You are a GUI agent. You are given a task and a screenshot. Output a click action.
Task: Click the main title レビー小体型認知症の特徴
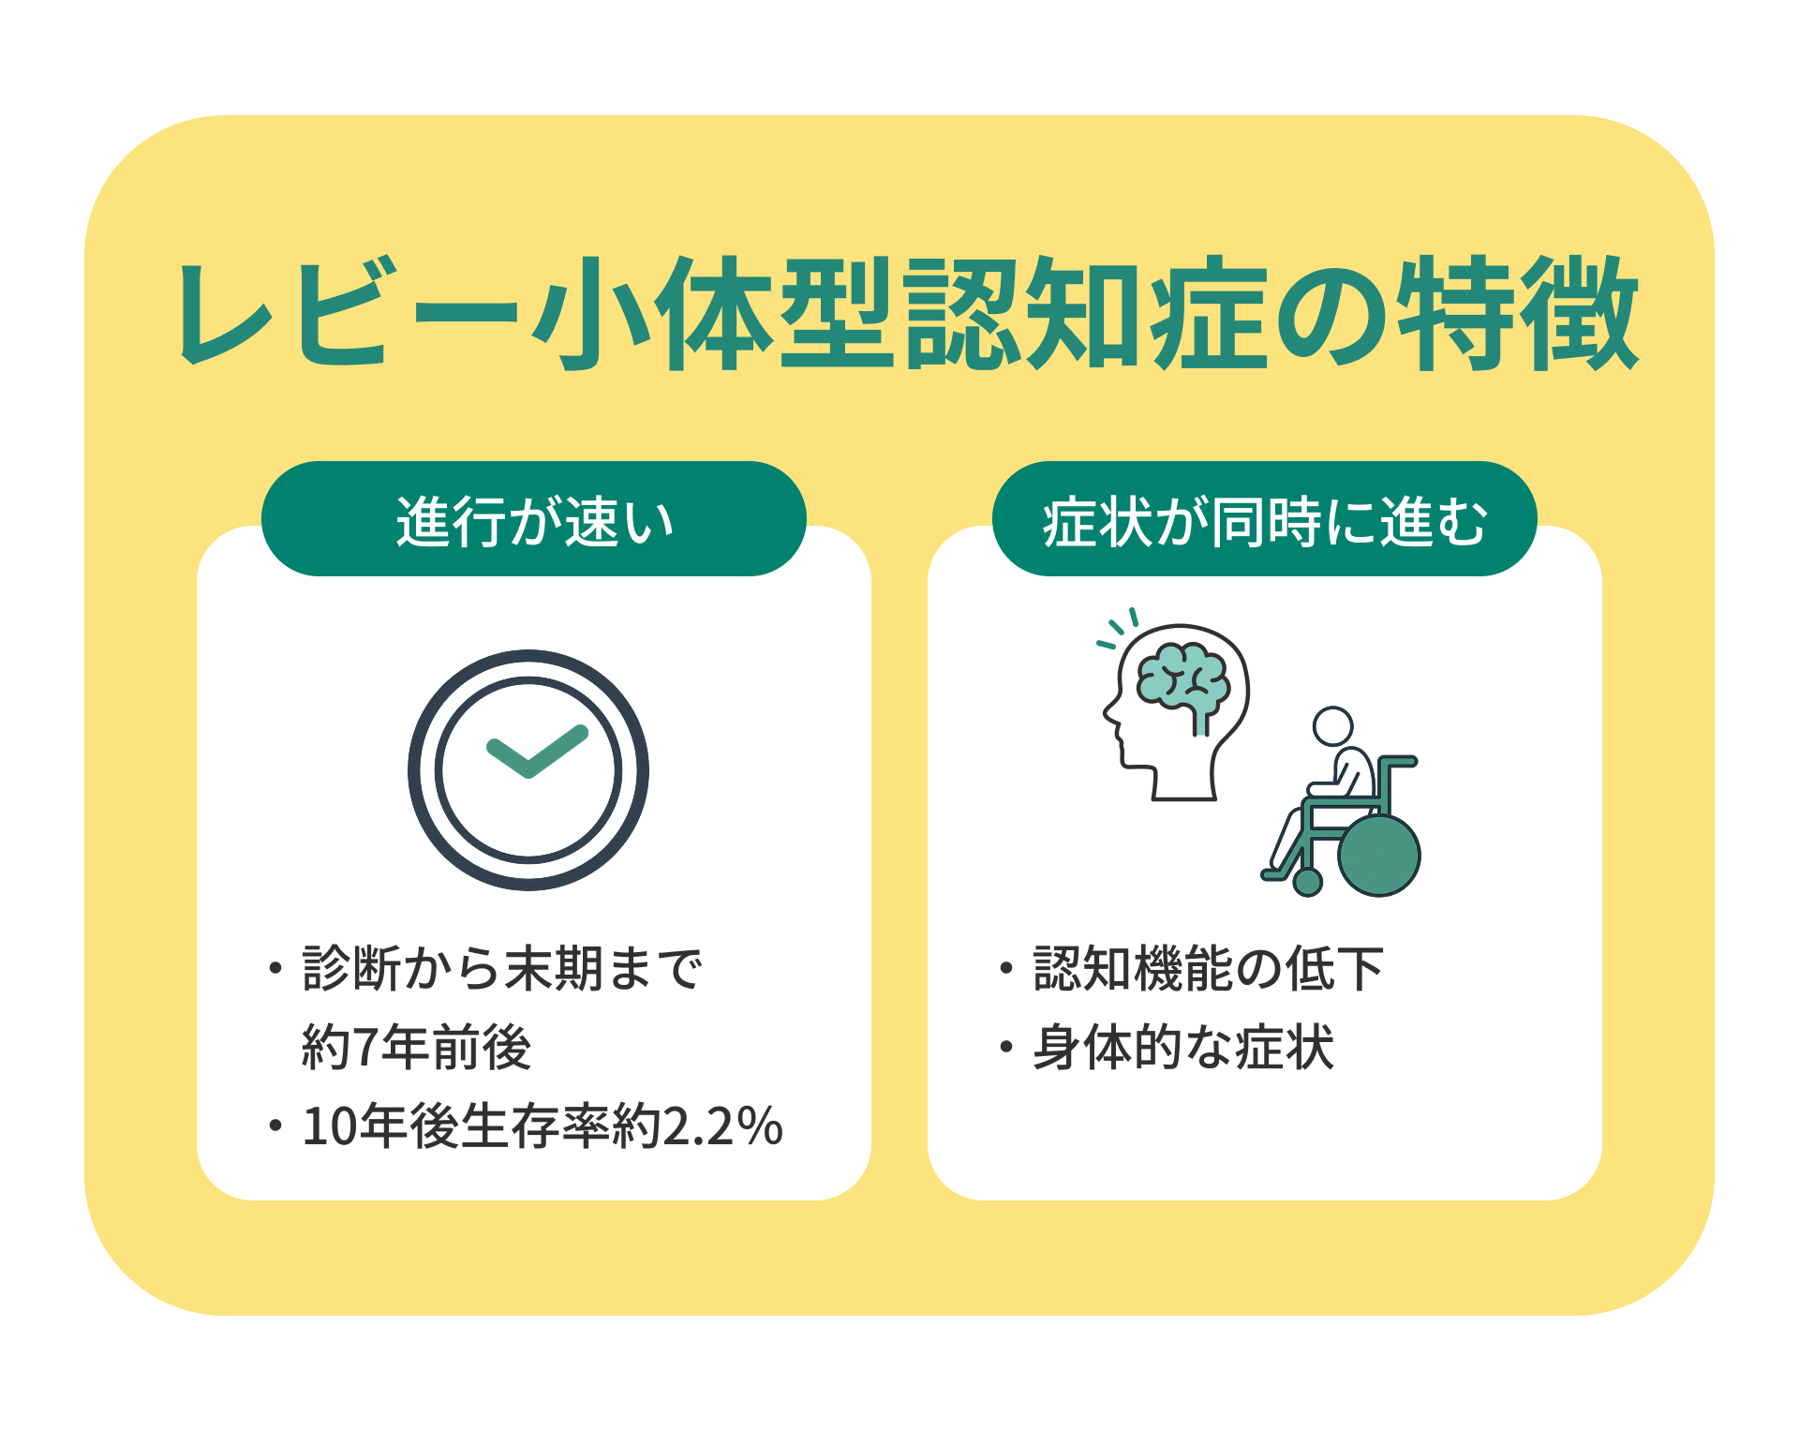tap(907, 313)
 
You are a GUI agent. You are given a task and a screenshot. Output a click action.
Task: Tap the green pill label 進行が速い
tap(534, 518)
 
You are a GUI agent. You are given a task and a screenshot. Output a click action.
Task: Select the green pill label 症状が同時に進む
tap(1264, 518)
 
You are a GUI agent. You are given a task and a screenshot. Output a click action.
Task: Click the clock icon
tap(528, 770)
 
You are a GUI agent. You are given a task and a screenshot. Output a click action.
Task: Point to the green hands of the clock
tap(537, 752)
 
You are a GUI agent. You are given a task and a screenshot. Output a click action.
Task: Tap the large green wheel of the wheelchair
tap(1378, 855)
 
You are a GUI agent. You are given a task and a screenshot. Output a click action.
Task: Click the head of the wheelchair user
tap(1332, 726)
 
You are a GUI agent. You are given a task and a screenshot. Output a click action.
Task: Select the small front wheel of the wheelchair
tap(1307, 882)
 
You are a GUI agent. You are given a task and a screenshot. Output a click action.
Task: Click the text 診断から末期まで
tap(502, 968)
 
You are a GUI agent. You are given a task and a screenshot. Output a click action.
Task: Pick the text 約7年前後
tap(417, 1047)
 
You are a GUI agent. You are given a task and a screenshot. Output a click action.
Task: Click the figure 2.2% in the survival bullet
tap(722, 1125)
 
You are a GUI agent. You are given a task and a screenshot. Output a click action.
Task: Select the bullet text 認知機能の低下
tap(1209, 968)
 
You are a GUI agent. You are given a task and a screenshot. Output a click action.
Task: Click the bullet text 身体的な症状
tap(1183, 1047)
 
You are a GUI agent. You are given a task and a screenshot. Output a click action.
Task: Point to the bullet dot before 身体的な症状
tap(1006, 1047)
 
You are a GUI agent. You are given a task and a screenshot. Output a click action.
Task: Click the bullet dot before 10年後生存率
tap(275, 1125)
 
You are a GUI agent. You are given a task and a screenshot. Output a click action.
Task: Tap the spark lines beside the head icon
tap(1118, 628)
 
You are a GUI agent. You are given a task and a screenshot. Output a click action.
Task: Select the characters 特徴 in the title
tap(1518, 313)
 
